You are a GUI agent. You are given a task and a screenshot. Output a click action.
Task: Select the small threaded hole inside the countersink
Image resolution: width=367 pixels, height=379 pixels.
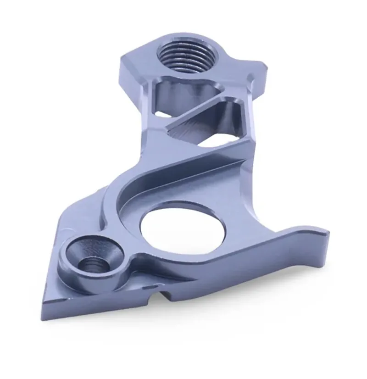(93, 266)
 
